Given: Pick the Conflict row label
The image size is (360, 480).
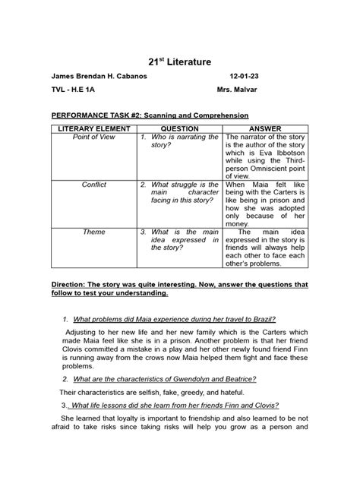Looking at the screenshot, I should (93, 185).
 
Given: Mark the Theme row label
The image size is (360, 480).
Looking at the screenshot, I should (93, 232).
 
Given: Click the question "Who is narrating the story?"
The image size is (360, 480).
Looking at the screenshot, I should (180, 142).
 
